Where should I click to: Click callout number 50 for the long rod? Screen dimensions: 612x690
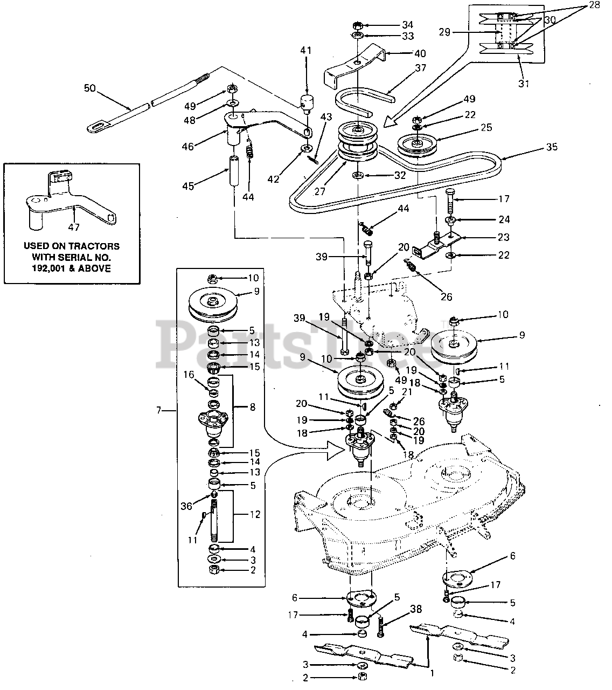tap(90, 88)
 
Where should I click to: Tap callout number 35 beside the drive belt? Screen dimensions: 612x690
tap(552, 147)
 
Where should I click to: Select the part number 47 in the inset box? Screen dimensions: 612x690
tap(74, 227)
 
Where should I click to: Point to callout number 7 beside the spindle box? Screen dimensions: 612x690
tap(158, 410)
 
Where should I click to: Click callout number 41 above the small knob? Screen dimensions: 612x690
tap(305, 51)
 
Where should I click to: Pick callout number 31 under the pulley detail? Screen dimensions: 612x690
tap(524, 84)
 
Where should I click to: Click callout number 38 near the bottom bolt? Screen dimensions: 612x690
tap(416, 609)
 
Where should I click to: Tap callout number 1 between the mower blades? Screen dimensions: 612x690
tap(432, 673)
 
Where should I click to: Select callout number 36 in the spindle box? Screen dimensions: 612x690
tap(186, 506)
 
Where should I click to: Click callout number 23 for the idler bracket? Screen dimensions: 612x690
tap(503, 237)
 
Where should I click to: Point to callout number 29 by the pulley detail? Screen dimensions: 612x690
tap(444, 32)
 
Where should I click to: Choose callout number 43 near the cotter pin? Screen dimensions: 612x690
tap(326, 117)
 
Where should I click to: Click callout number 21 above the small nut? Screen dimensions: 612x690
tap(407, 392)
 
